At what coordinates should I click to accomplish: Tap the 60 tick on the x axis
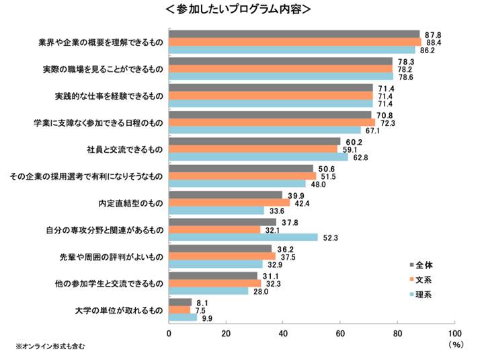pyautogui.click(x=340, y=333)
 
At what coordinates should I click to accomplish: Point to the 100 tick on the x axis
pyautogui.click(x=454, y=333)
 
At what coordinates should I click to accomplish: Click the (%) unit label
pyautogui.click(x=456, y=345)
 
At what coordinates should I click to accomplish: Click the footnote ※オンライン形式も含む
pyautogui.click(x=51, y=347)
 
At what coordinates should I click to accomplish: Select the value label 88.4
pyautogui.click(x=433, y=42)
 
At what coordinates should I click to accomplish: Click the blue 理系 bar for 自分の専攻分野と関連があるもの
pyautogui.click(x=243, y=237)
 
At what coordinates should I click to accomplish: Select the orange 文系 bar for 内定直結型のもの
pyautogui.click(x=229, y=203)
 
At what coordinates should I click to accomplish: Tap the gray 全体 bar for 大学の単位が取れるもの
pyautogui.click(x=179, y=302)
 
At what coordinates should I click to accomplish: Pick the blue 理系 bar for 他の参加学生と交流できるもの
pyautogui.click(x=208, y=291)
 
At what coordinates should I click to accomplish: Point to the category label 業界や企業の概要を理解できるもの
pyautogui.click(x=101, y=42)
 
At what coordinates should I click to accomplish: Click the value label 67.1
pyautogui.click(x=372, y=131)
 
